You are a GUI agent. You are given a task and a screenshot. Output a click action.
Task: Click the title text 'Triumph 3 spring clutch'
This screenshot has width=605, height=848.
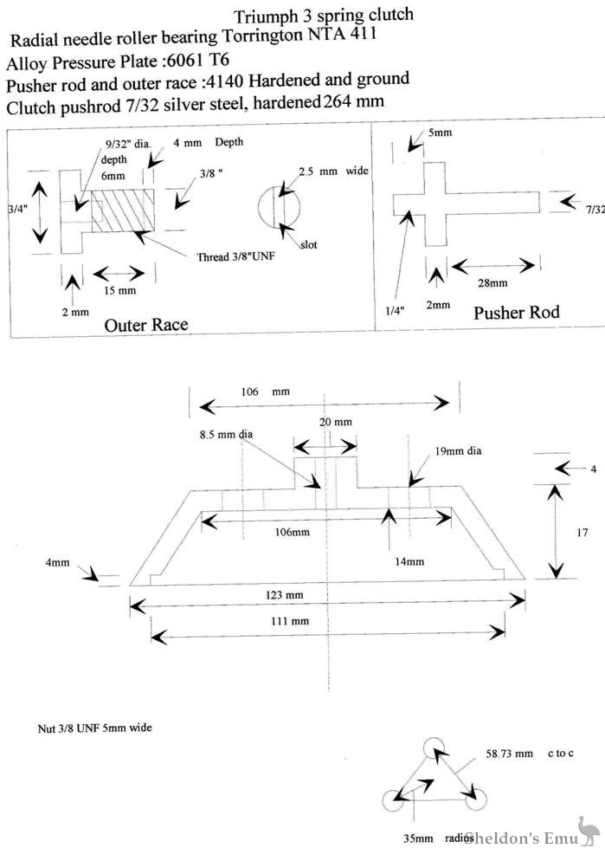[324, 15]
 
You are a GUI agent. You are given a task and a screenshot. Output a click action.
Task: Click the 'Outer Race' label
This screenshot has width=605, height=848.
[146, 325]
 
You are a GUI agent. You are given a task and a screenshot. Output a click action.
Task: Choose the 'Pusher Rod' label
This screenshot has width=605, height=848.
[516, 313]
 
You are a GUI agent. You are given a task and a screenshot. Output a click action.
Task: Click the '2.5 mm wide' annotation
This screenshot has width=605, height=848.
[333, 171]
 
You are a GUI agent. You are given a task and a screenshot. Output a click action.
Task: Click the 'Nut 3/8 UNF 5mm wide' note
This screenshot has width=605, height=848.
[83, 728]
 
